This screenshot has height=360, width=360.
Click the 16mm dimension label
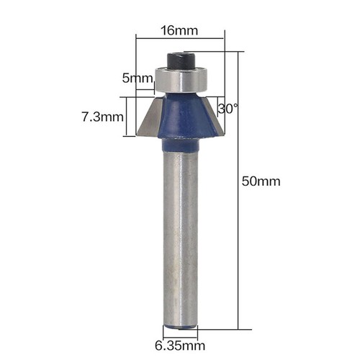[x=179, y=32]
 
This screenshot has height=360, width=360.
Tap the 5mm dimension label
[x=138, y=78]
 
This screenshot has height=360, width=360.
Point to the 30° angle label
[x=228, y=109]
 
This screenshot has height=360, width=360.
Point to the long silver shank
[x=180, y=238]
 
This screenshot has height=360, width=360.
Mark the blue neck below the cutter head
[x=180, y=145]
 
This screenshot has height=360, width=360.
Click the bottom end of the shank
[x=180, y=325]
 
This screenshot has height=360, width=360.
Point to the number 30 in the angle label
[x=225, y=109]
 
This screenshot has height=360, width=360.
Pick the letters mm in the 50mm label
[x=268, y=181]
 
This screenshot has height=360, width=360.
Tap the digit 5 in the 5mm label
[x=126, y=78]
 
